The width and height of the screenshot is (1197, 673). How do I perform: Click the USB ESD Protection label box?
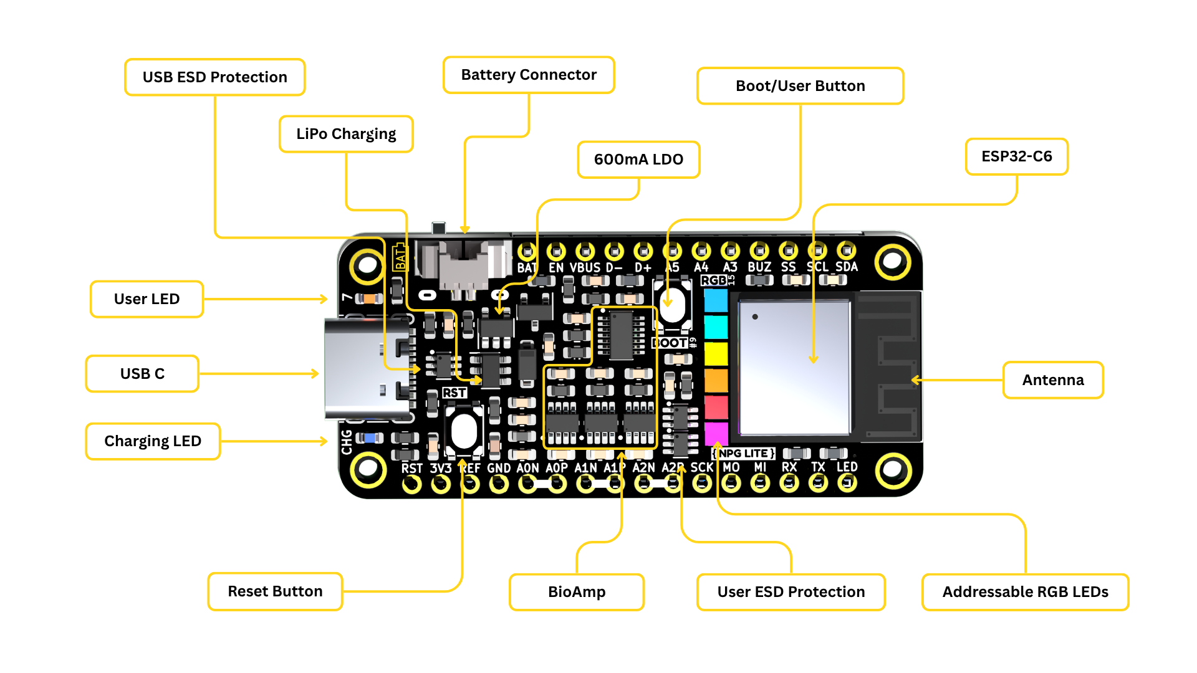214,77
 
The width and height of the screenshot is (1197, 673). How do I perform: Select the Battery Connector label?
529,75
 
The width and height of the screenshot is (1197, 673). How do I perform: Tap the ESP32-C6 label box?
1016,156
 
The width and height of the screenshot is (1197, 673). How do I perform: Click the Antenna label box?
1052,380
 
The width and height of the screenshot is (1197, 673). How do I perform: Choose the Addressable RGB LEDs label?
1025,592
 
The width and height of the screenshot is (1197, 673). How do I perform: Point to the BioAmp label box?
576,592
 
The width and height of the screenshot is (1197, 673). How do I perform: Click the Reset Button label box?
275,591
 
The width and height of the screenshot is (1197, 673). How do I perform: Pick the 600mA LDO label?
638,160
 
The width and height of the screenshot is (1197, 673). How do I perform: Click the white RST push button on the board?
464,431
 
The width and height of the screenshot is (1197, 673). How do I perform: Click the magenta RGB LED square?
716,432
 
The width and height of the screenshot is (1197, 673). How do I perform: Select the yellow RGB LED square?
716,353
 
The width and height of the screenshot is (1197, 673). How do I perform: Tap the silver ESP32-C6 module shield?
794,368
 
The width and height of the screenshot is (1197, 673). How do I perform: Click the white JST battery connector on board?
464,265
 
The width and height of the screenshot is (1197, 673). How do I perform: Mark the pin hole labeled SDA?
846,251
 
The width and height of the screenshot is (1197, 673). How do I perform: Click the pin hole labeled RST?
411,484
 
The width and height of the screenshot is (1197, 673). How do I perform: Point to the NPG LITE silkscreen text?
744,454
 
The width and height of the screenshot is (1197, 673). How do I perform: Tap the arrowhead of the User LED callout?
324,299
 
